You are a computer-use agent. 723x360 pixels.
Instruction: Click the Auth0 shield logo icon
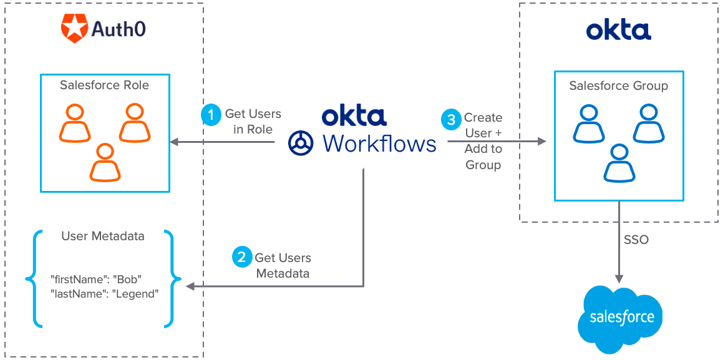[74, 29]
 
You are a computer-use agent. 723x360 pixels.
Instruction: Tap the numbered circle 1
[211, 114]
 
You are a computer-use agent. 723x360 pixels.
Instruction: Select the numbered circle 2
[242, 257]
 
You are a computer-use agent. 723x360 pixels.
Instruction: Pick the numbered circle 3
[451, 119]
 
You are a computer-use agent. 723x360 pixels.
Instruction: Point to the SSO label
[636, 240]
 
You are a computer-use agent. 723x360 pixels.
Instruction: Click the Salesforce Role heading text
[104, 85]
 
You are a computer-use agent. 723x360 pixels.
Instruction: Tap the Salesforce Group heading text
[618, 85]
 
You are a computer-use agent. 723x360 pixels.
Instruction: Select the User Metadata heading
[103, 236]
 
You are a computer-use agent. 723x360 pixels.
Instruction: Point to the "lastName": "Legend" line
[105, 293]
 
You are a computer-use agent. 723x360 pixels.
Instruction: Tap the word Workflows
[379, 143]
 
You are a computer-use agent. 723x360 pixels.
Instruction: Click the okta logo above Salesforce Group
[618, 30]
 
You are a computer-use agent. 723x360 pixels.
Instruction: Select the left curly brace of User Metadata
[31, 278]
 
